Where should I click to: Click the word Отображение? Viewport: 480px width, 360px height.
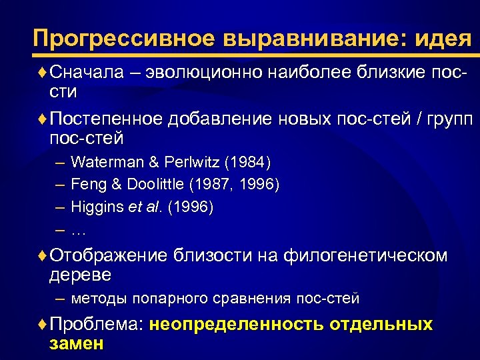coord(109,255)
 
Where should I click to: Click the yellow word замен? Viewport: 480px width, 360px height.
coord(77,344)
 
